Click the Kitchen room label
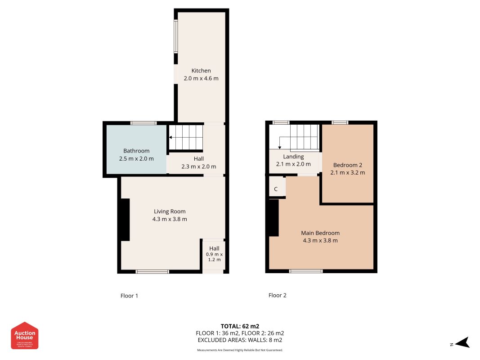click(x=201, y=71)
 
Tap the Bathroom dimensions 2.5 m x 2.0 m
click(x=136, y=158)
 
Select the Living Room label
click(x=170, y=211)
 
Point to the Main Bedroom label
click(x=320, y=233)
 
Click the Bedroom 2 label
click(x=347, y=165)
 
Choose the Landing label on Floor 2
click(x=293, y=157)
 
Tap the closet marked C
click(x=276, y=189)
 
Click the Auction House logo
click(x=25, y=335)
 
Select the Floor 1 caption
click(x=129, y=296)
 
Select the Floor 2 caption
click(x=277, y=295)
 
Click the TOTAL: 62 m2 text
click(x=240, y=326)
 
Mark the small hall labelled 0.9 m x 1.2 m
click(x=214, y=254)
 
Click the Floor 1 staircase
click(x=186, y=137)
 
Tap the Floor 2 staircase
click(x=303, y=137)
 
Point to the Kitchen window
click(x=176, y=36)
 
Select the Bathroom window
click(x=144, y=123)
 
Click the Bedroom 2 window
click(x=340, y=122)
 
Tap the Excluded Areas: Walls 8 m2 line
click(x=240, y=340)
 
